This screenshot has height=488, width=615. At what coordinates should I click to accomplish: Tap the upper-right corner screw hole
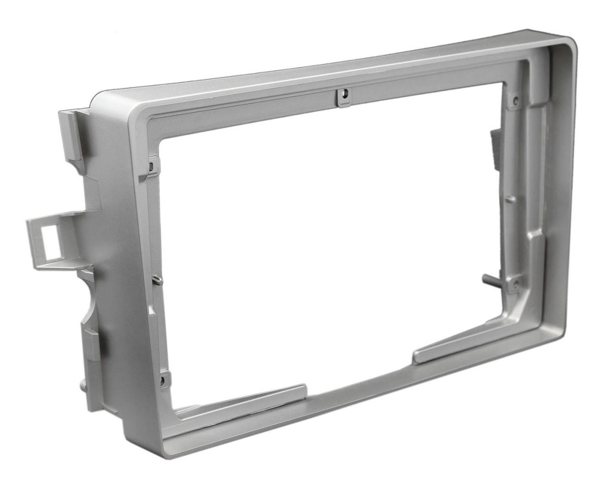pyautogui.click(x=515, y=100)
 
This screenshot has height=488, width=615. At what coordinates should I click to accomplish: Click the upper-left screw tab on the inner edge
pyautogui.click(x=151, y=165)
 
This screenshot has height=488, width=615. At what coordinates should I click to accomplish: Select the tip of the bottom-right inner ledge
pyautogui.click(x=417, y=356)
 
